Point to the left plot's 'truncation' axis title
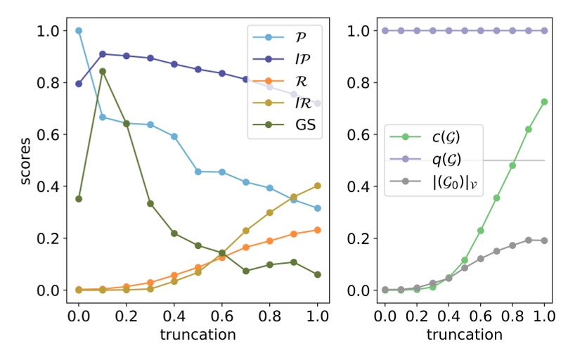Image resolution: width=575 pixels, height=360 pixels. click(198, 335)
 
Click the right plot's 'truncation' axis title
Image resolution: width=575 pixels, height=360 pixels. click(464, 335)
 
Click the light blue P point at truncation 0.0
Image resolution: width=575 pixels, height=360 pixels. click(79, 31)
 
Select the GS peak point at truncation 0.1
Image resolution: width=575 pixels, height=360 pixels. click(103, 71)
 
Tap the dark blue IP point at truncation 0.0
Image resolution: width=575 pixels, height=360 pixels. click(79, 84)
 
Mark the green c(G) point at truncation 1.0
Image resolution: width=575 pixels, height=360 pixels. click(544, 102)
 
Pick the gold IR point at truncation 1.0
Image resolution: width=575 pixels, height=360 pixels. click(317, 186)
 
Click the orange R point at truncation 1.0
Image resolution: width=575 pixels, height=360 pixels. click(317, 230)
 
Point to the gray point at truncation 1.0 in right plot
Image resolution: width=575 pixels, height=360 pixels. click(544, 240)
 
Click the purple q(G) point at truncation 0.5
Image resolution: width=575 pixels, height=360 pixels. click(464, 31)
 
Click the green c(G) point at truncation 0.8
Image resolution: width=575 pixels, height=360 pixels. click(512, 165)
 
